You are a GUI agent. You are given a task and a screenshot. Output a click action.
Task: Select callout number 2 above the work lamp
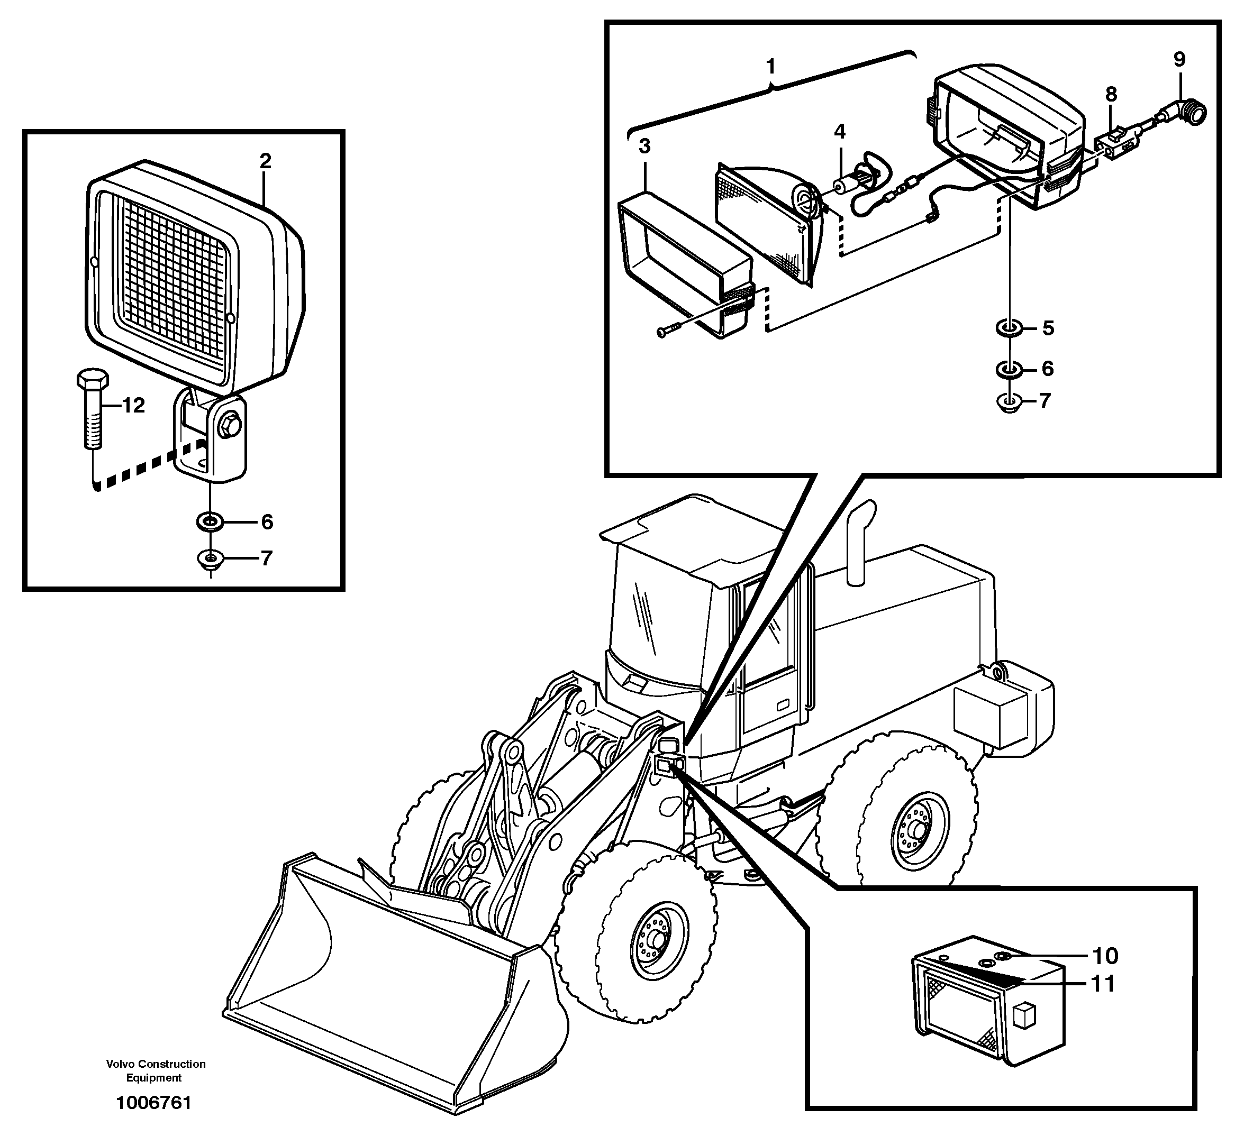[x=265, y=162]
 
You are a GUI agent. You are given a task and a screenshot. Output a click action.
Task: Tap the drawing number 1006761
[x=154, y=1103]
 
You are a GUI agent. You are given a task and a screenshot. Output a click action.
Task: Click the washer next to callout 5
[x=1009, y=328]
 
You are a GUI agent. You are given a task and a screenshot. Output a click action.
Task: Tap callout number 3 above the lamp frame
[x=644, y=146]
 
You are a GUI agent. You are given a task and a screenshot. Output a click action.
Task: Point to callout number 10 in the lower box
[x=1105, y=956]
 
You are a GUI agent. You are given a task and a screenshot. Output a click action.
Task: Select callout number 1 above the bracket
[x=770, y=66]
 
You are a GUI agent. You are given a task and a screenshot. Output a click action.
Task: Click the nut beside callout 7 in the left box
[x=210, y=559]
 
